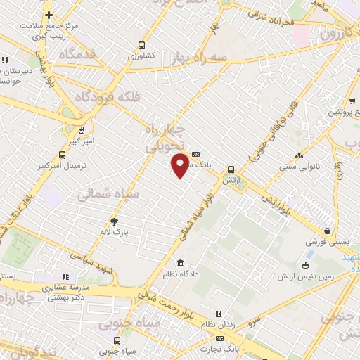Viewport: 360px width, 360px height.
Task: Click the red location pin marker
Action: click(180, 165)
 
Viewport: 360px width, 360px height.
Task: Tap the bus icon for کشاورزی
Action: click(143, 44)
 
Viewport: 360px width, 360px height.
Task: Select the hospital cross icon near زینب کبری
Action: click(49, 15)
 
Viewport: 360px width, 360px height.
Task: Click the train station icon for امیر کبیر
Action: click(82, 129)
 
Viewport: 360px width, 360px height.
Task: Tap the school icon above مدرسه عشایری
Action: click(65, 277)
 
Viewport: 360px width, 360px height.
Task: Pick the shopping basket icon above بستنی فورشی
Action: click(328, 231)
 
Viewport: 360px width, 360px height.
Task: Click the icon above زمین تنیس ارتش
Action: click(304, 265)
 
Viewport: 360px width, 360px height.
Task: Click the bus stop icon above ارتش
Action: click(231, 169)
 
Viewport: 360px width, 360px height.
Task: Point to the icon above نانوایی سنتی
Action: click(299, 155)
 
